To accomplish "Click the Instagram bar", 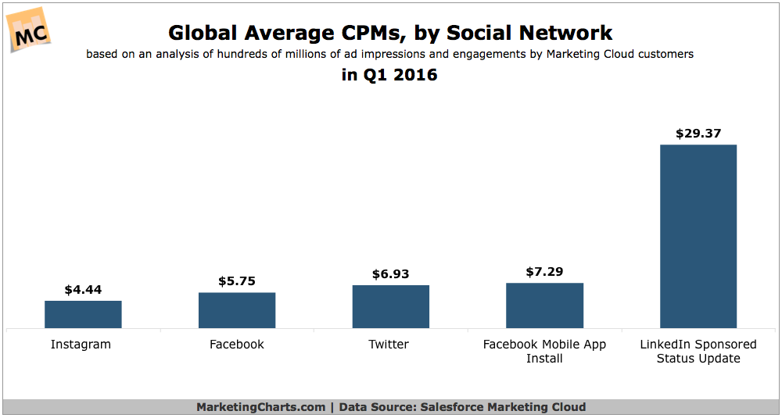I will [x=83, y=314].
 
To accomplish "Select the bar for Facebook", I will [x=237, y=310].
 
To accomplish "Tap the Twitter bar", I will [x=391, y=306].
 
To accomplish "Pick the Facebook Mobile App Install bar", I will [x=544, y=305].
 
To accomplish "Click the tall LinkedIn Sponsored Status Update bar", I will [x=698, y=236].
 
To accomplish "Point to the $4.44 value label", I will [x=83, y=290].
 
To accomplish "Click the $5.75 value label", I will [x=237, y=281].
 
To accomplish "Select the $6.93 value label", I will [x=391, y=274].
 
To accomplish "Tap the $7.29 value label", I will [x=544, y=272].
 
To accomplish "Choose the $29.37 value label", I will [x=698, y=134].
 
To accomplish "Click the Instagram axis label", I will [x=81, y=345].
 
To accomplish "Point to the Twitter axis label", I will [x=389, y=345].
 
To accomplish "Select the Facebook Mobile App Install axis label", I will [x=544, y=352].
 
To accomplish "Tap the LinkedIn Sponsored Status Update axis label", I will [x=698, y=352].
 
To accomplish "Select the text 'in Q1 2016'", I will [x=389, y=76].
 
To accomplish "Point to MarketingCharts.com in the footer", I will [x=260, y=407].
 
